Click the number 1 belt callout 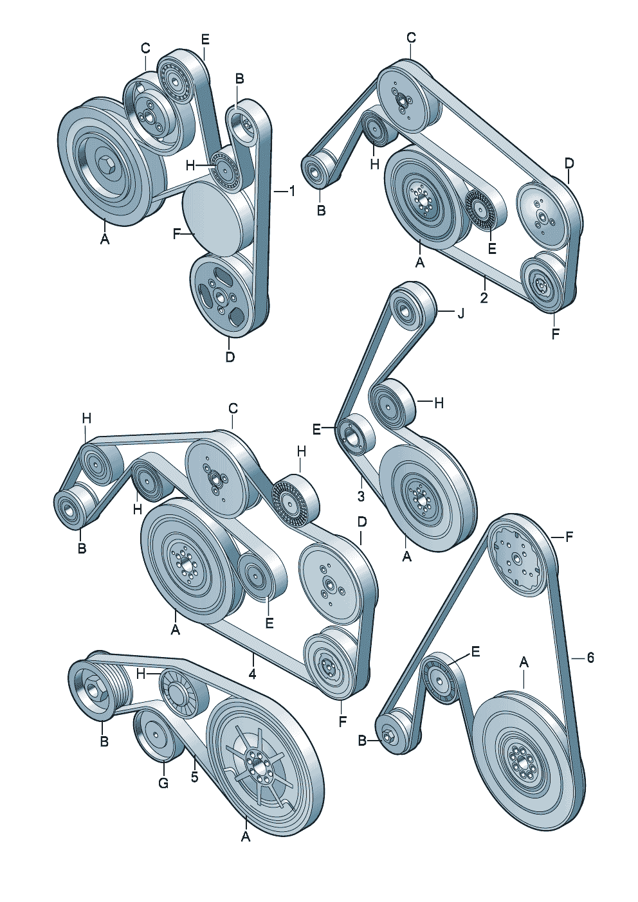tap(291, 191)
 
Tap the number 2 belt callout tap(484, 297)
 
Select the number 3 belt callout tap(361, 496)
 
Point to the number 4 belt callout tap(253, 674)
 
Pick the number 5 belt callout tap(194, 776)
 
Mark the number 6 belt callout tap(590, 658)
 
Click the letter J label tap(460, 313)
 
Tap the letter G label tap(163, 783)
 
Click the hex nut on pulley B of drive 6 tap(388, 737)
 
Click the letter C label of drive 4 tap(233, 408)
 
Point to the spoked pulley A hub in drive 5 tap(258, 766)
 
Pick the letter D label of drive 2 tap(569, 163)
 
